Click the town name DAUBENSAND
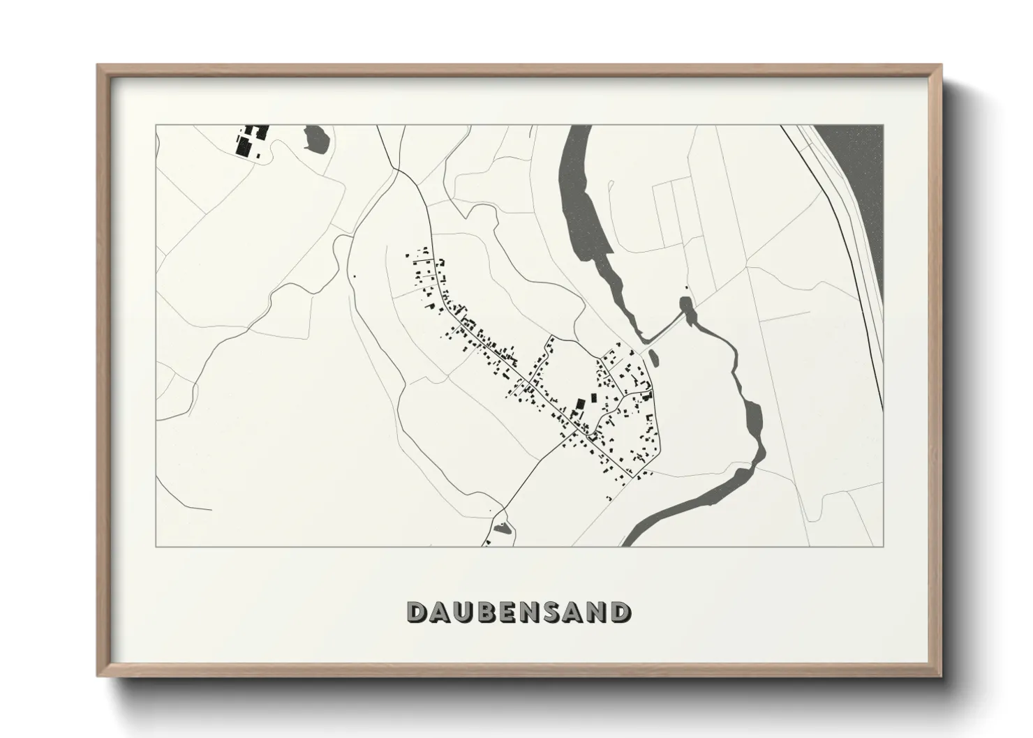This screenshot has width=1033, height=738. pyautogui.click(x=517, y=612)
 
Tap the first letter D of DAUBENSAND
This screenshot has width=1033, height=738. pyautogui.click(x=417, y=612)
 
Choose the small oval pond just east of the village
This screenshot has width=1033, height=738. pyautogui.click(x=653, y=358)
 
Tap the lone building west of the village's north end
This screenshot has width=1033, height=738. pyautogui.click(x=354, y=277)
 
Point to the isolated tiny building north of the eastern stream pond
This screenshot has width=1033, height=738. pyautogui.click(x=686, y=287)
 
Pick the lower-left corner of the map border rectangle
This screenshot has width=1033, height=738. pyautogui.click(x=156, y=546)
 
